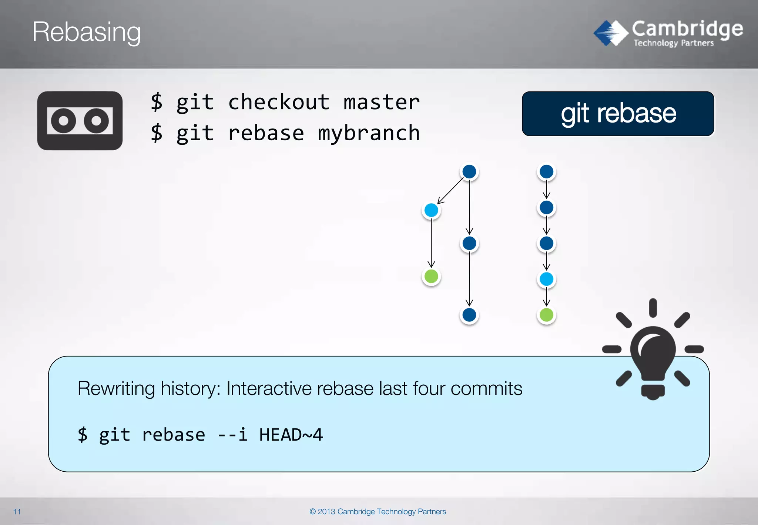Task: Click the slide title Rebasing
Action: [x=86, y=32]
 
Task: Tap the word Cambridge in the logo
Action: [x=687, y=29]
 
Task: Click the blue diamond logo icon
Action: [x=611, y=33]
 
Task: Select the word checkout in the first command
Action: [x=278, y=102]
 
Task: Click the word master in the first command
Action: [x=382, y=102]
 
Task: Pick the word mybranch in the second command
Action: [x=369, y=133]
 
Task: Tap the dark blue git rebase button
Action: [x=618, y=114]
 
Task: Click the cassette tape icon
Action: [x=80, y=121]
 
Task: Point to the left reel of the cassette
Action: [x=64, y=121]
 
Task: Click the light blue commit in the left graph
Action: [x=431, y=210]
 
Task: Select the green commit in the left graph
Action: [x=431, y=276]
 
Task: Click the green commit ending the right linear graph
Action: [x=546, y=315]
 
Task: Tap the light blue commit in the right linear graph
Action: [x=546, y=279]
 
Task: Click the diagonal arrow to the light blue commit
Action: [x=450, y=191]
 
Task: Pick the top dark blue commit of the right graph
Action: [x=546, y=172]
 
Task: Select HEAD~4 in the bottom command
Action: [x=291, y=435]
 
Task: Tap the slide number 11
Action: [x=17, y=512]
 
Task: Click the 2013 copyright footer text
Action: [x=378, y=512]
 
